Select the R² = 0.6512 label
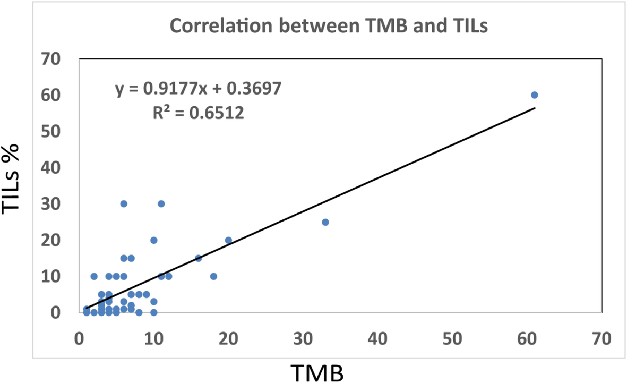pyautogui.click(x=197, y=113)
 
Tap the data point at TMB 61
pyautogui.click(x=534, y=95)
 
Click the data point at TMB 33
pyautogui.click(x=325, y=222)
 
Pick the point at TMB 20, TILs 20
pyautogui.click(x=228, y=240)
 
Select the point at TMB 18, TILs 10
pyautogui.click(x=213, y=276)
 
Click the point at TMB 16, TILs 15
pyautogui.click(x=199, y=258)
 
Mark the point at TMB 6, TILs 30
pyautogui.click(x=124, y=203)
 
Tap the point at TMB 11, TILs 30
pyautogui.click(x=161, y=203)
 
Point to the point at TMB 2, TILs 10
pyautogui.click(x=94, y=276)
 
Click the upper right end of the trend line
pyautogui.click(x=534, y=108)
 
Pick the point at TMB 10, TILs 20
pyautogui.click(x=154, y=240)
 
